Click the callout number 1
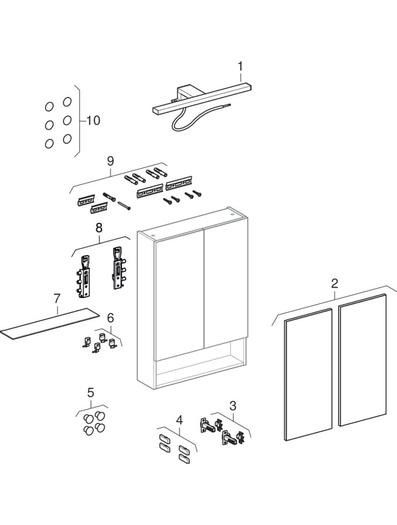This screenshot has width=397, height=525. [x=240, y=66]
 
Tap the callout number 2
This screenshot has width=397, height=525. [x=335, y=284]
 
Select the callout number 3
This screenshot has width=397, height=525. [x=233, y=405]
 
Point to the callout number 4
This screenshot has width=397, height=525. [x=179, y=419]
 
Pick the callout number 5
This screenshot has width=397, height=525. [x=90, y=393]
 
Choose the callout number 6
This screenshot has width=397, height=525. [x=110, y=317]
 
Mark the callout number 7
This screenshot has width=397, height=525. [x=57, y=299]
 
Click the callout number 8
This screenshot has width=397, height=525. [x=99, y=228]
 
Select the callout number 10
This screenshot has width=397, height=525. [x=93, y=121]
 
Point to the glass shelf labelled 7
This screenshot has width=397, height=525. [x=47, y=324]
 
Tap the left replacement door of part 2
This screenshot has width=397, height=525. [x=307, y=373]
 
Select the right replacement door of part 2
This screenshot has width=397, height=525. [x=362, y=359]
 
